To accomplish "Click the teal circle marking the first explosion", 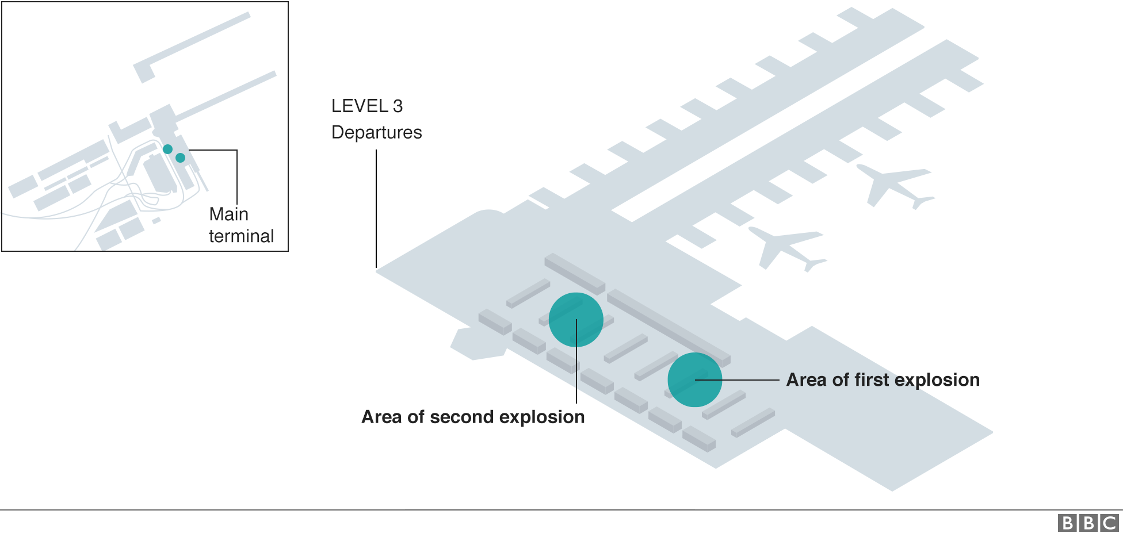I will tap(694, 379).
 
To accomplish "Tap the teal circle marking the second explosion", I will tap(576, 320).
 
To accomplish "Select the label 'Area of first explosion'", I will tap(883, 380).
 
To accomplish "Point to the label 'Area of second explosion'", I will tap(473, 417).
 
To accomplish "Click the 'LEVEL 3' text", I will tap(366, 106).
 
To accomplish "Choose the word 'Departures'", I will tap(376, 132).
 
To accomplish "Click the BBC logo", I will tap(1088, 523).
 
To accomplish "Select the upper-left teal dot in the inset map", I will tap(167, 149).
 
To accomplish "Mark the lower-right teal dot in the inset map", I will tap(180, 158).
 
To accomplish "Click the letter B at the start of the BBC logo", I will tap(1067, 523).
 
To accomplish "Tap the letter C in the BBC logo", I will tap(1109, 523).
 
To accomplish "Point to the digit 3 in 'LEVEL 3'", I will tap(398, 106).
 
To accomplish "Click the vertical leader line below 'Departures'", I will tap(376, 207).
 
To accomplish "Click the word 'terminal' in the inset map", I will tap(241, 236).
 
